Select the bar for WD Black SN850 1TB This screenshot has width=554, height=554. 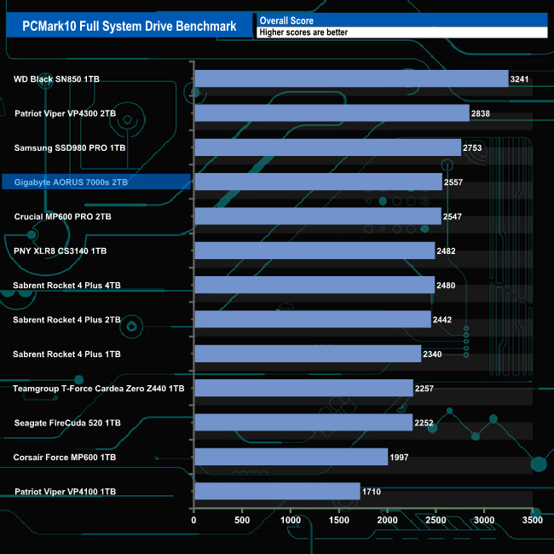(351, 79)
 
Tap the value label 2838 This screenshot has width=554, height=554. (481, 113)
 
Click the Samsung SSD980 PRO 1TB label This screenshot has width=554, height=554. (70, 147)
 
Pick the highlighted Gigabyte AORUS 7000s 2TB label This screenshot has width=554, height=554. (72, 182)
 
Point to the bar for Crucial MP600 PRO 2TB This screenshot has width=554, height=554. (318, 216)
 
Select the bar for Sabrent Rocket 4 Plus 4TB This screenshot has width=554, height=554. (314, 285)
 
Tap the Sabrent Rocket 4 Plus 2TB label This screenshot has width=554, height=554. (66, 320)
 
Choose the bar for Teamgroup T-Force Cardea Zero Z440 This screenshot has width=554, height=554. (303, 388)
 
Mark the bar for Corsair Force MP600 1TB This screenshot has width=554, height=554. (291, 457)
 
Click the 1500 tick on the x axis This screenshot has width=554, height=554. (339, 519)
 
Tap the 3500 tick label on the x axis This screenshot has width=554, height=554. (533, 519)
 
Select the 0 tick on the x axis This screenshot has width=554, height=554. (194, 519)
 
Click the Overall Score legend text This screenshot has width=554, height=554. (286, 20)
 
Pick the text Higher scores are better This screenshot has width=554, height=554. (303, 32)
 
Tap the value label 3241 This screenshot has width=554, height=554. (520, 79)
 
